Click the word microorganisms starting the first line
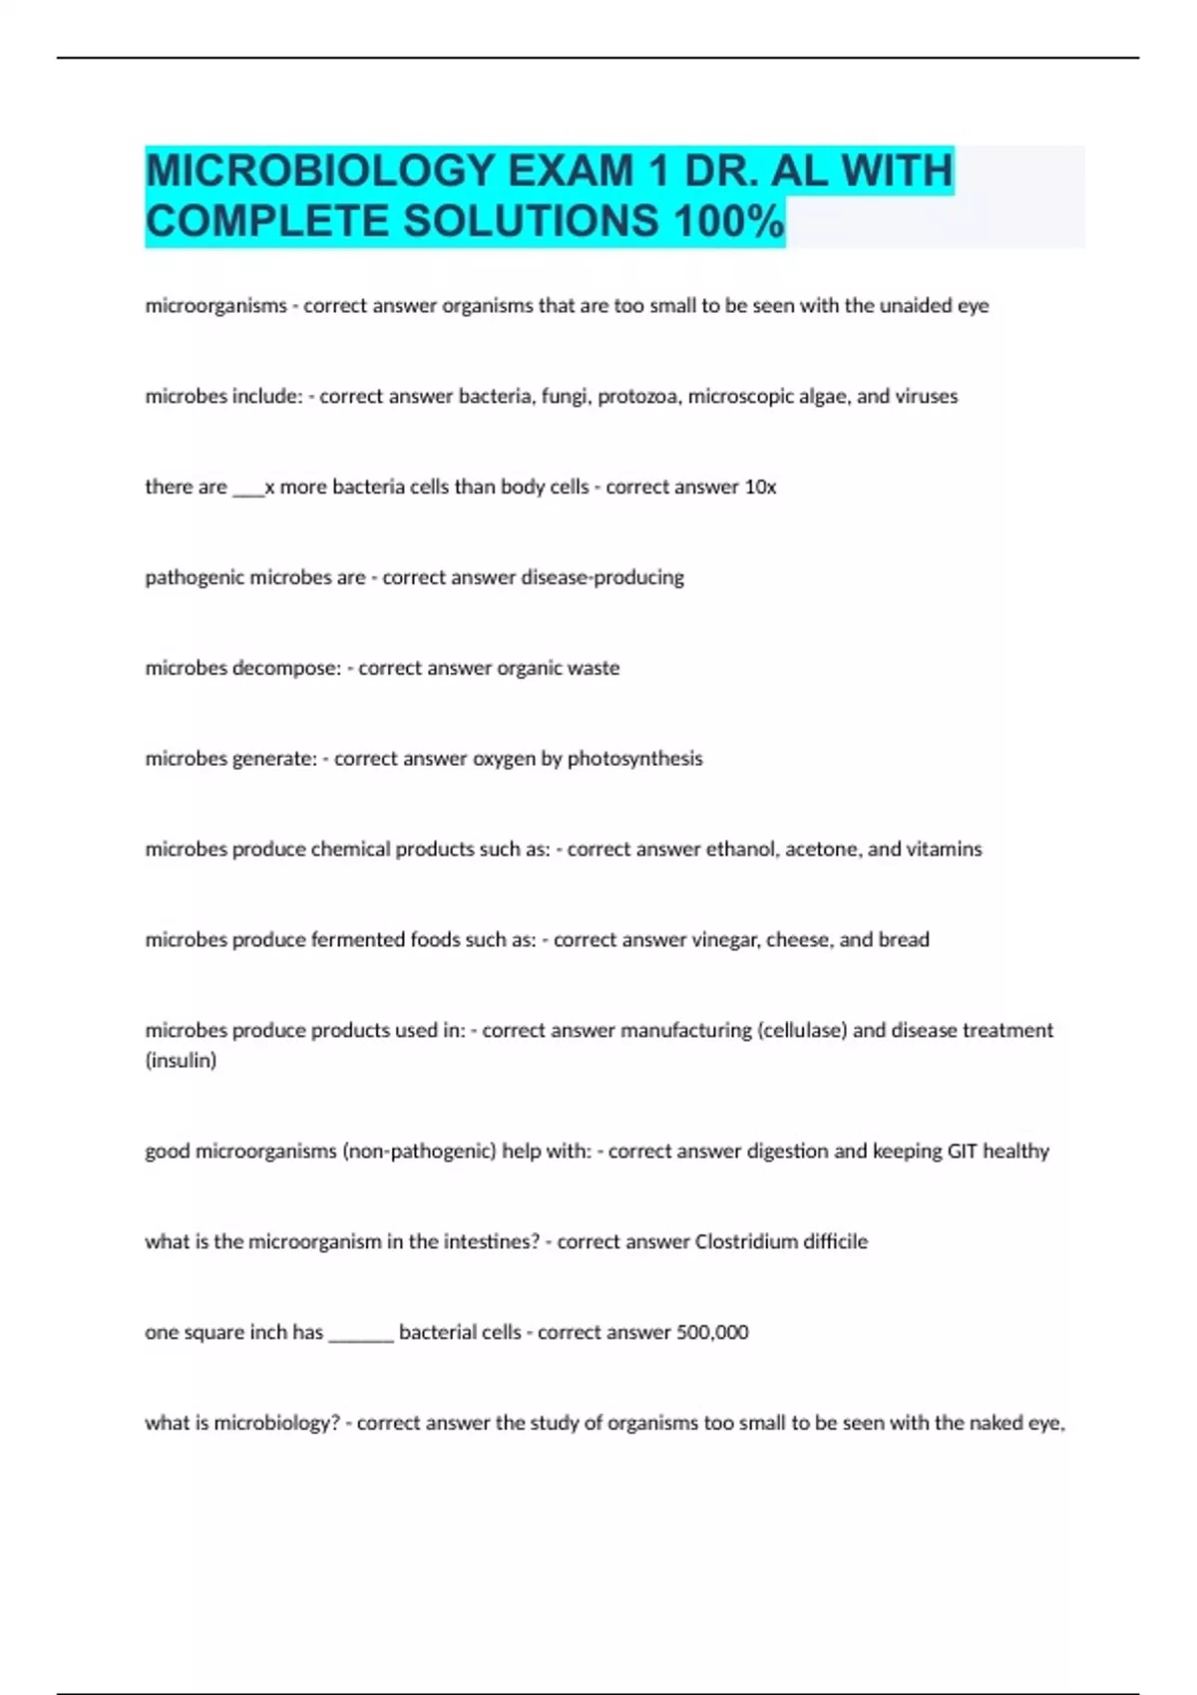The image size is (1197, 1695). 215,306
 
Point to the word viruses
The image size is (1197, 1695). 927,397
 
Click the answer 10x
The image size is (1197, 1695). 760,488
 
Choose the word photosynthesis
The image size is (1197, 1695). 634,759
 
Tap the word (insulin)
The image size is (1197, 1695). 181,1061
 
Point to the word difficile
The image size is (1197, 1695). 836,1242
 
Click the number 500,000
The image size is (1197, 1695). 712,1333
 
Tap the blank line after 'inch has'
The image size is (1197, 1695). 361,1336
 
